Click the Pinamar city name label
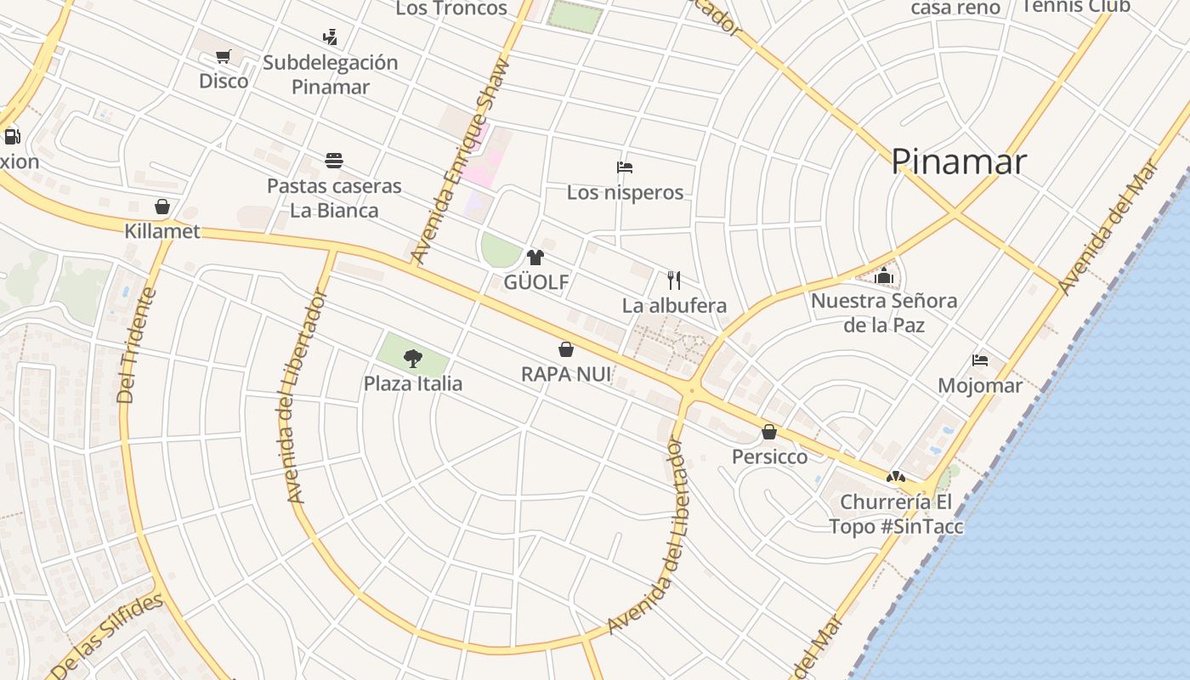point(959,161)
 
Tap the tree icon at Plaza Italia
point(413,359)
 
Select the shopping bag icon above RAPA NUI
point(565,349)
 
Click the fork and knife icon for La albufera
point(674,280)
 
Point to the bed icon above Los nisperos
point(625,167)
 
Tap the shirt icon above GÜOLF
point(535,258)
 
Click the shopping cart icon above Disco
point(223,57)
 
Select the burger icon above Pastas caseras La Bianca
point(334,161)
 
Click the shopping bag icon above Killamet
point(162,207)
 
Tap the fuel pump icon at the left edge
point(12,136)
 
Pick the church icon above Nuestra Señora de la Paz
point(884,275)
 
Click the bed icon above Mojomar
point(980,360)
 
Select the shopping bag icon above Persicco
point(769,432)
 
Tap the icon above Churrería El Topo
point(895,478)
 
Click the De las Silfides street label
point(106,637)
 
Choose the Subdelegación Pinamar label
point(330,75)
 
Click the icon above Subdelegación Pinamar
point(330,37)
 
